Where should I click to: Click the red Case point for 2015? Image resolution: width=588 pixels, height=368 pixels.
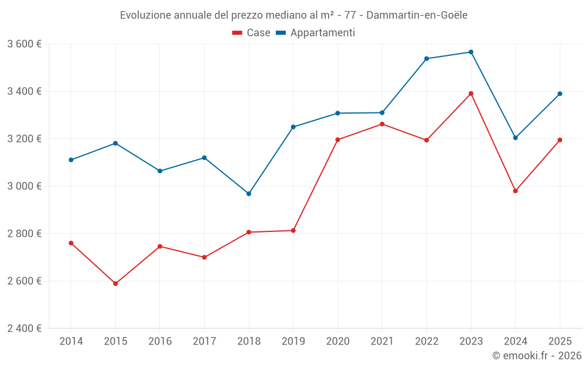(x=115, y=284)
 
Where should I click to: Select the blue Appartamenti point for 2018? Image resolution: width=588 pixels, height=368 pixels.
(x=249, y=194)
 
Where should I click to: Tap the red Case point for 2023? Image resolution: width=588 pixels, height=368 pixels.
(x=471, y=94)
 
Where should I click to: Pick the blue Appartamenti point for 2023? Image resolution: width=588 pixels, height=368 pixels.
(x=471, y=52)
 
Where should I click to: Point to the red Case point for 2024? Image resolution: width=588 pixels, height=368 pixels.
(x=515, y=191)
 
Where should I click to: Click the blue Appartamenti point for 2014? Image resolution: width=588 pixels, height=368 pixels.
(x=71, y=160)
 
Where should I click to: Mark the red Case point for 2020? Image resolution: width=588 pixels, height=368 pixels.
(x=338, y=140)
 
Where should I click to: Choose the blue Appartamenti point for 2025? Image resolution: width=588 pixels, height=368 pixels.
(x=560, y=94)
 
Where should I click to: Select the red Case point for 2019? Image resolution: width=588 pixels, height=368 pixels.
(x=293, y=231)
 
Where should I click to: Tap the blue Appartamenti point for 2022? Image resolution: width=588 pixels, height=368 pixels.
(x=426, y=58)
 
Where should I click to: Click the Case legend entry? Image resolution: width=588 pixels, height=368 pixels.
(x=251, y=32)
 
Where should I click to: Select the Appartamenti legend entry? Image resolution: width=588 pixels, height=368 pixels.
(x=315, y=32)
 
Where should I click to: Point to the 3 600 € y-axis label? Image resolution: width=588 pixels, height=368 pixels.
(x=24, y=44)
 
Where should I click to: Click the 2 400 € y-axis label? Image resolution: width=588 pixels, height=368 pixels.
(x=24, y=329)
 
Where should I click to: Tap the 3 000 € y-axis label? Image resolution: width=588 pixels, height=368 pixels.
(x=24, y=186)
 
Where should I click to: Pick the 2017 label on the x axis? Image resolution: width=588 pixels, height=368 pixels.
(x=205, y=341)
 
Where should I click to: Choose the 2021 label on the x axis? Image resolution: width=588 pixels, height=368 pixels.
(x=382, y=341)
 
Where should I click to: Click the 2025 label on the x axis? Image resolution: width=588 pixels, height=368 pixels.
(x=560, y=341)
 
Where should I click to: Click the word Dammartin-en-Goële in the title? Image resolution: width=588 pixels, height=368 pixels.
(x=417, y=15)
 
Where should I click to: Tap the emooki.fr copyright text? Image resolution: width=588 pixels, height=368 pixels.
(x=537, y=356)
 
